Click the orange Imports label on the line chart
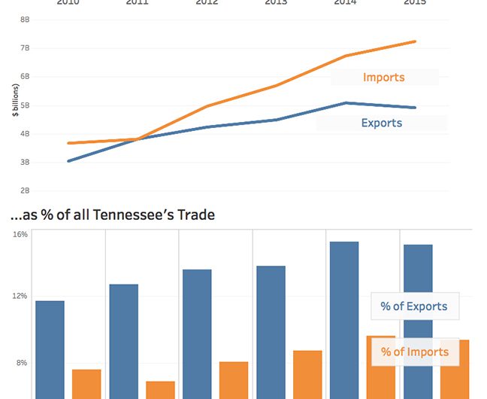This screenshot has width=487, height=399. [383, 77]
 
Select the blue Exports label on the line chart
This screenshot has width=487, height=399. [382, 123]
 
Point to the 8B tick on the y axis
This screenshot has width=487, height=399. [25, 20]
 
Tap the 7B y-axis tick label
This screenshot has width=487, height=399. [25, 48]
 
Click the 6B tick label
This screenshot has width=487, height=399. [25, 77]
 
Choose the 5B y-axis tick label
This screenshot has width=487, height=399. [25, 105]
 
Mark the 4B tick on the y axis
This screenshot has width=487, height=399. [25, 134]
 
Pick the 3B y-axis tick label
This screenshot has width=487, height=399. [25, 163]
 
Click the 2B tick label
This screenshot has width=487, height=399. [25, 191]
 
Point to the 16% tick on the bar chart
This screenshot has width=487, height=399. [20, 234]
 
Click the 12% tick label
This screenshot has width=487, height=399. [20, 296]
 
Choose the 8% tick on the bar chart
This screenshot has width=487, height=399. [23, 363]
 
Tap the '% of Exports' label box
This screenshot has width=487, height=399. [414, 306]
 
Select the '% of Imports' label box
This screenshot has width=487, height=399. [414, 352]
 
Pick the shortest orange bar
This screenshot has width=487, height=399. [160, 390]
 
